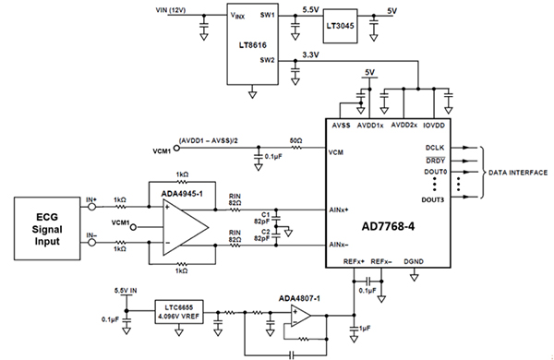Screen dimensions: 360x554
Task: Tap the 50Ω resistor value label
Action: [x=295, y=140]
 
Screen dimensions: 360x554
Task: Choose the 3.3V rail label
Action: [x=312, y=55]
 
